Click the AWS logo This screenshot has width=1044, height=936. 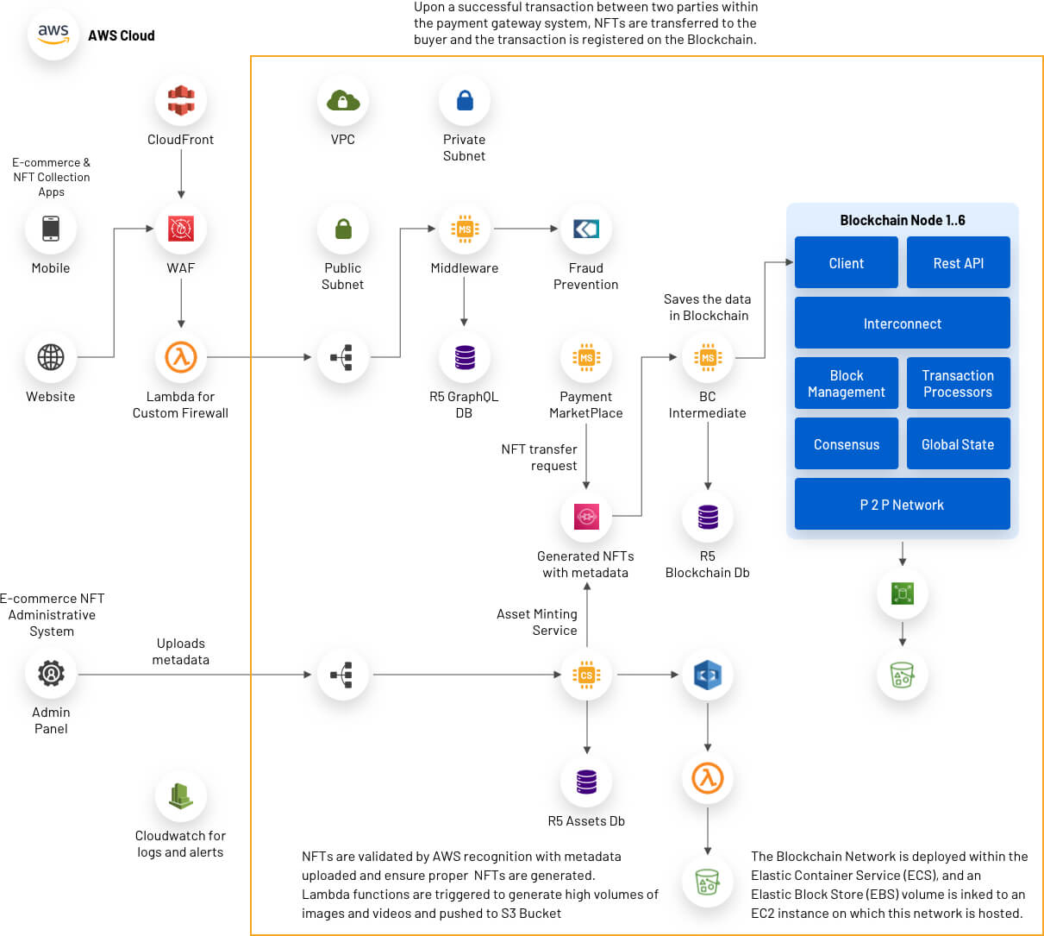53,35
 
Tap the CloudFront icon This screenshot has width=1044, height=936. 181,100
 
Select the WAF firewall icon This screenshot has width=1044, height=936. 181,229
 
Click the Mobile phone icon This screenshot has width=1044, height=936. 51,229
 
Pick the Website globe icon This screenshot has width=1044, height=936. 51,357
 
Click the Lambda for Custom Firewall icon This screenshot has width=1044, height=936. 181,357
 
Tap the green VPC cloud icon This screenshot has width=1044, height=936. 342,100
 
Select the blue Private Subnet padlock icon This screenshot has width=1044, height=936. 465,100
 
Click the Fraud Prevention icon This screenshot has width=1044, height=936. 586,229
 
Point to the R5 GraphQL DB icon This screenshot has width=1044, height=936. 465,357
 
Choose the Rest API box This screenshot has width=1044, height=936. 958,262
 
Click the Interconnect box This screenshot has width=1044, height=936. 903,323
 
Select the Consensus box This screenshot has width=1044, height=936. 846,443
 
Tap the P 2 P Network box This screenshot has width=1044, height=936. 903,504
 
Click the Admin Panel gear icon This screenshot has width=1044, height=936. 51,674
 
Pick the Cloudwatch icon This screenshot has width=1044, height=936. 181,795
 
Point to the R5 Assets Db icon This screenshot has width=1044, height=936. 586,782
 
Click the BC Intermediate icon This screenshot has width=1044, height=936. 708,357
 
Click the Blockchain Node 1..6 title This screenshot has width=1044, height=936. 903,220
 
